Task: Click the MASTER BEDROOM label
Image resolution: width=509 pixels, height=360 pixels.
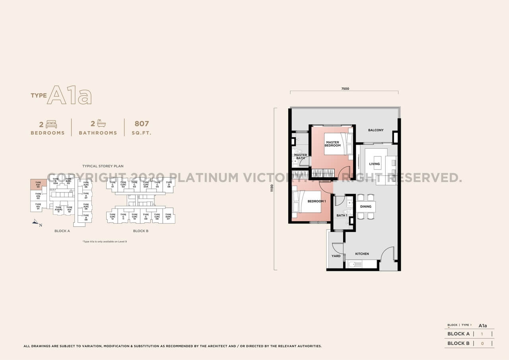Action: tap(332, 144)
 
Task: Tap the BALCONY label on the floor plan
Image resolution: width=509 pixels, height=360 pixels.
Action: tap(376, 130)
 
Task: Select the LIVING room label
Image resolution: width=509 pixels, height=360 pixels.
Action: tap(374, 163)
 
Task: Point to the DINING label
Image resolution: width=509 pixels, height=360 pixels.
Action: tap(365, 206)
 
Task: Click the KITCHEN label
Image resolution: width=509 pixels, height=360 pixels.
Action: tap(362, 254)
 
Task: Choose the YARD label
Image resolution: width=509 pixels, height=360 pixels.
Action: tap(336, 256)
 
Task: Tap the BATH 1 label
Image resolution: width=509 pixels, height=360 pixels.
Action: tap(342, 216)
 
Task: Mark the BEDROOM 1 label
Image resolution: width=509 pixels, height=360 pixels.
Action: tap(317, 201)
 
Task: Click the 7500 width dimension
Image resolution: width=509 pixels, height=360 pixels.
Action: tap(345, 89)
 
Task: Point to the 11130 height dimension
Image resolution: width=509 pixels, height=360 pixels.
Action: tap(272, 189)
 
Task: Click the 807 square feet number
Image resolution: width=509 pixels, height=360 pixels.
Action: tap(142, 124)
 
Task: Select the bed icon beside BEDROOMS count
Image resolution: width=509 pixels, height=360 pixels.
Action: tap(51, 124)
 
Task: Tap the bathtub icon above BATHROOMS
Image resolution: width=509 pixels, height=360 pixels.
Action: tap(101, 124)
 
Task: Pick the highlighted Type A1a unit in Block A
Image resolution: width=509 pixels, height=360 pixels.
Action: tap(38, 184)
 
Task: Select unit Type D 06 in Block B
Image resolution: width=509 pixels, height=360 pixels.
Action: tap(169, 185)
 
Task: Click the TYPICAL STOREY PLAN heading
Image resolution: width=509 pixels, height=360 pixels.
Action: tap(103, 166)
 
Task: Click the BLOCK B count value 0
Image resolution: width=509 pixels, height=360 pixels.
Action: tap(482, 343)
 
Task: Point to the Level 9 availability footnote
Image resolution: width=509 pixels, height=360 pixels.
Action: tap(105, 241)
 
